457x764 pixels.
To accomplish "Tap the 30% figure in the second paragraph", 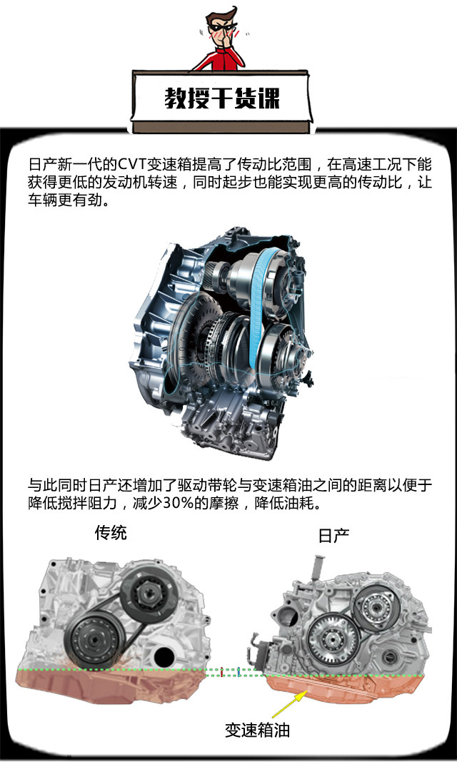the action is [178, 503].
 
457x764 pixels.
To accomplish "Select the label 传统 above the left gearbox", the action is [111, 533].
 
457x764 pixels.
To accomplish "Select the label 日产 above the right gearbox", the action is [333, 536].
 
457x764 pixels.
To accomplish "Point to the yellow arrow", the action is [290, 705].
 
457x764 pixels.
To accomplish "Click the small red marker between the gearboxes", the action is [222, 673].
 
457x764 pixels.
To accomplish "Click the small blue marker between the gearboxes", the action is [238, 673].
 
